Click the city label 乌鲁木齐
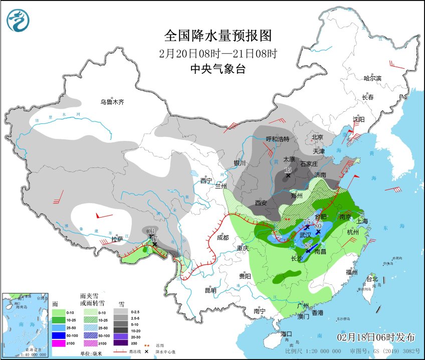pos(112,102)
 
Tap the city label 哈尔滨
pos(372,78)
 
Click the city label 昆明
pos(210,290)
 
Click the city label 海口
pos(286,333)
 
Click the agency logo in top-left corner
pos(18,20)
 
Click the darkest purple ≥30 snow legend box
pos(120,342)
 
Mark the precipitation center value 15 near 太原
pos(288,170)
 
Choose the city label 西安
pos(261,203)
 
